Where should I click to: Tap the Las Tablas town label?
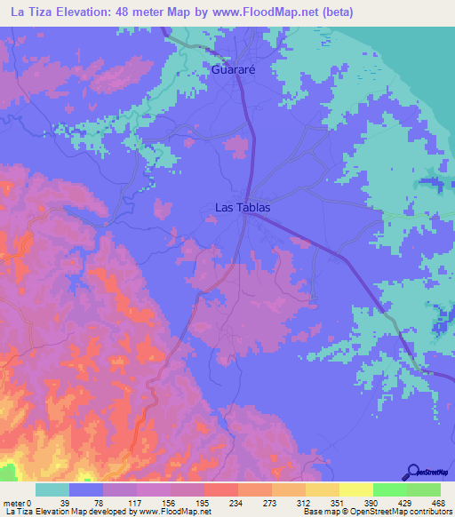243,208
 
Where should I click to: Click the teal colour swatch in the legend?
52,489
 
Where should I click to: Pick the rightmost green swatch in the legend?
424,489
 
